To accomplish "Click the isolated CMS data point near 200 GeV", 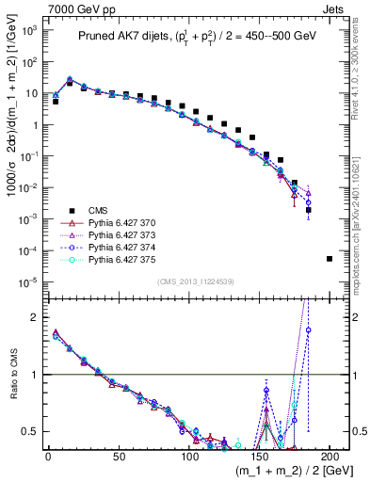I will (x=329, y=258).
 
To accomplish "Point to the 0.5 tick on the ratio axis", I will (x=33, y=432).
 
